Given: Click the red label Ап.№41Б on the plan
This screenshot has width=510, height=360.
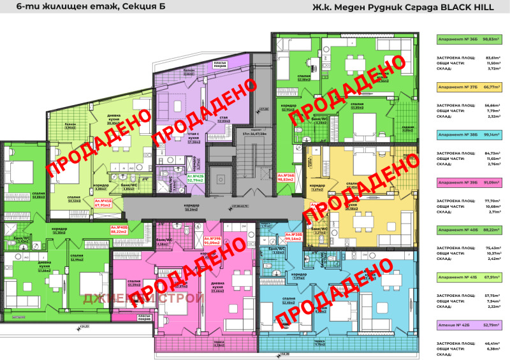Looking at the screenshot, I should tap(103, 203).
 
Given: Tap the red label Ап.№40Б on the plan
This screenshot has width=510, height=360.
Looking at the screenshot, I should tap(119, 229).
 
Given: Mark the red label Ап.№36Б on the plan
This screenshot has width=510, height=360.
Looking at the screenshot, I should tap(286, 177).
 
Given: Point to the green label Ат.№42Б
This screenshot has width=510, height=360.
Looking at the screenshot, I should tap(195, 178).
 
